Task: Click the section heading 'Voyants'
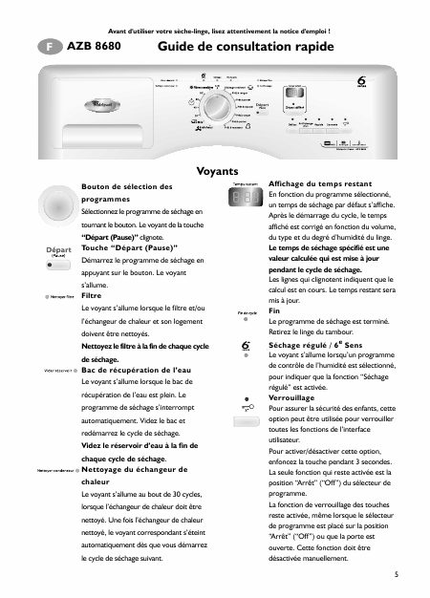point(216,171)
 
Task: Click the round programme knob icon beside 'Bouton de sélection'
point(56,209)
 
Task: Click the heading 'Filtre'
point(93,296)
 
